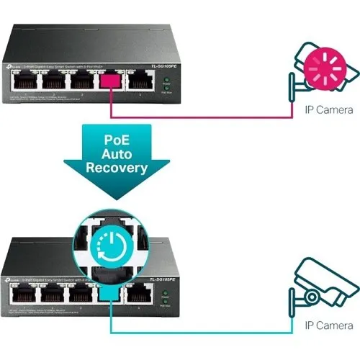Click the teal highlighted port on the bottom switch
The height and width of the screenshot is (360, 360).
110,292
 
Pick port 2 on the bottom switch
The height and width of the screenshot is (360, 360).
53,292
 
